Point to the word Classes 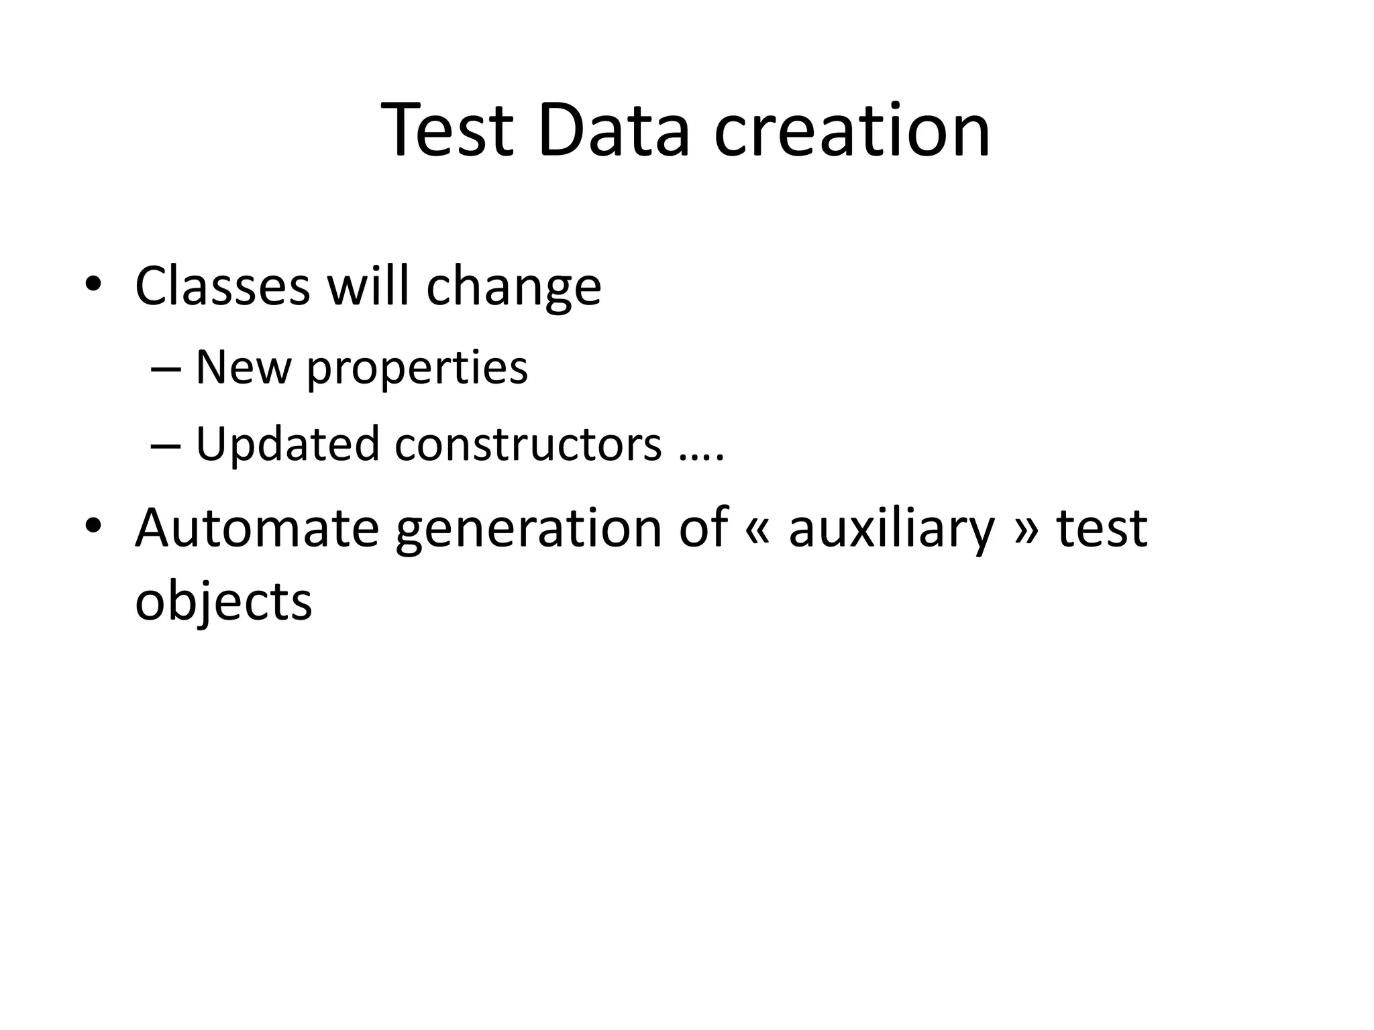(222, 286)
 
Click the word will (367, 286)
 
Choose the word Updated (287, 445)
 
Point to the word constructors (528, 445)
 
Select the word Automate (257, 528)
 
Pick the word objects (223, 602)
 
